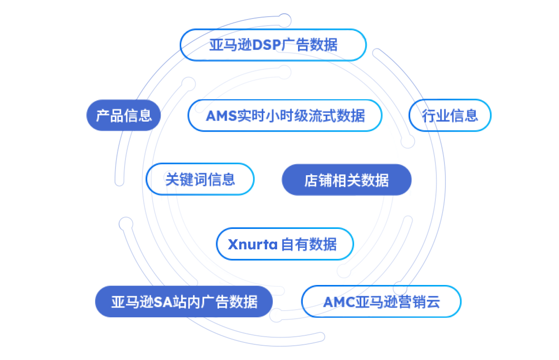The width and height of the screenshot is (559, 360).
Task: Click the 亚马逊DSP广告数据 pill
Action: pos(273,45)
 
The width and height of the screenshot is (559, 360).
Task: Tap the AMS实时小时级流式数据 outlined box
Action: pos(285,115)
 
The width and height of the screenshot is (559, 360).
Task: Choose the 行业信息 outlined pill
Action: pos(450,115)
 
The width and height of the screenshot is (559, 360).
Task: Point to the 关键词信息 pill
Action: pos(200,179)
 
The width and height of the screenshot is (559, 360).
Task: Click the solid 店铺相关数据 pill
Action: pos(346,180)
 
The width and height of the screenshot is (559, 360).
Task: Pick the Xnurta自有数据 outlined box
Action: pos(285,244)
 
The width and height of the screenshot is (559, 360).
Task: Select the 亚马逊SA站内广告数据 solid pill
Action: pos(184,302)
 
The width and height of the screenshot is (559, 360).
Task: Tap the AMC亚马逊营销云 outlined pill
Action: pos(381,302)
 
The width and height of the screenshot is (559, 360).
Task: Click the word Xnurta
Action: pos(252,244)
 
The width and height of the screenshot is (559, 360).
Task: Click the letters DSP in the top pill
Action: pos(266,46)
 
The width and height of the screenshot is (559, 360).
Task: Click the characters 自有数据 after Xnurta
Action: pos(309,245)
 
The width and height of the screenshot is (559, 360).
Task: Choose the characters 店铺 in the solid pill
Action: pos(318,180)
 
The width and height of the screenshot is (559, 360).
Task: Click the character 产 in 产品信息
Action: pos(103,115)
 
